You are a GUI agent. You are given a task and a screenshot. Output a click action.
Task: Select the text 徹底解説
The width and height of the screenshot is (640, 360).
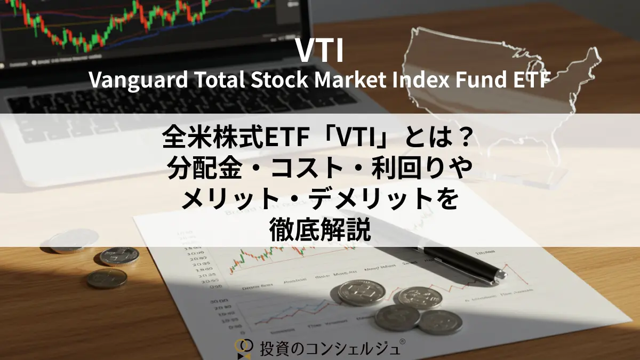coord(319,230)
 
